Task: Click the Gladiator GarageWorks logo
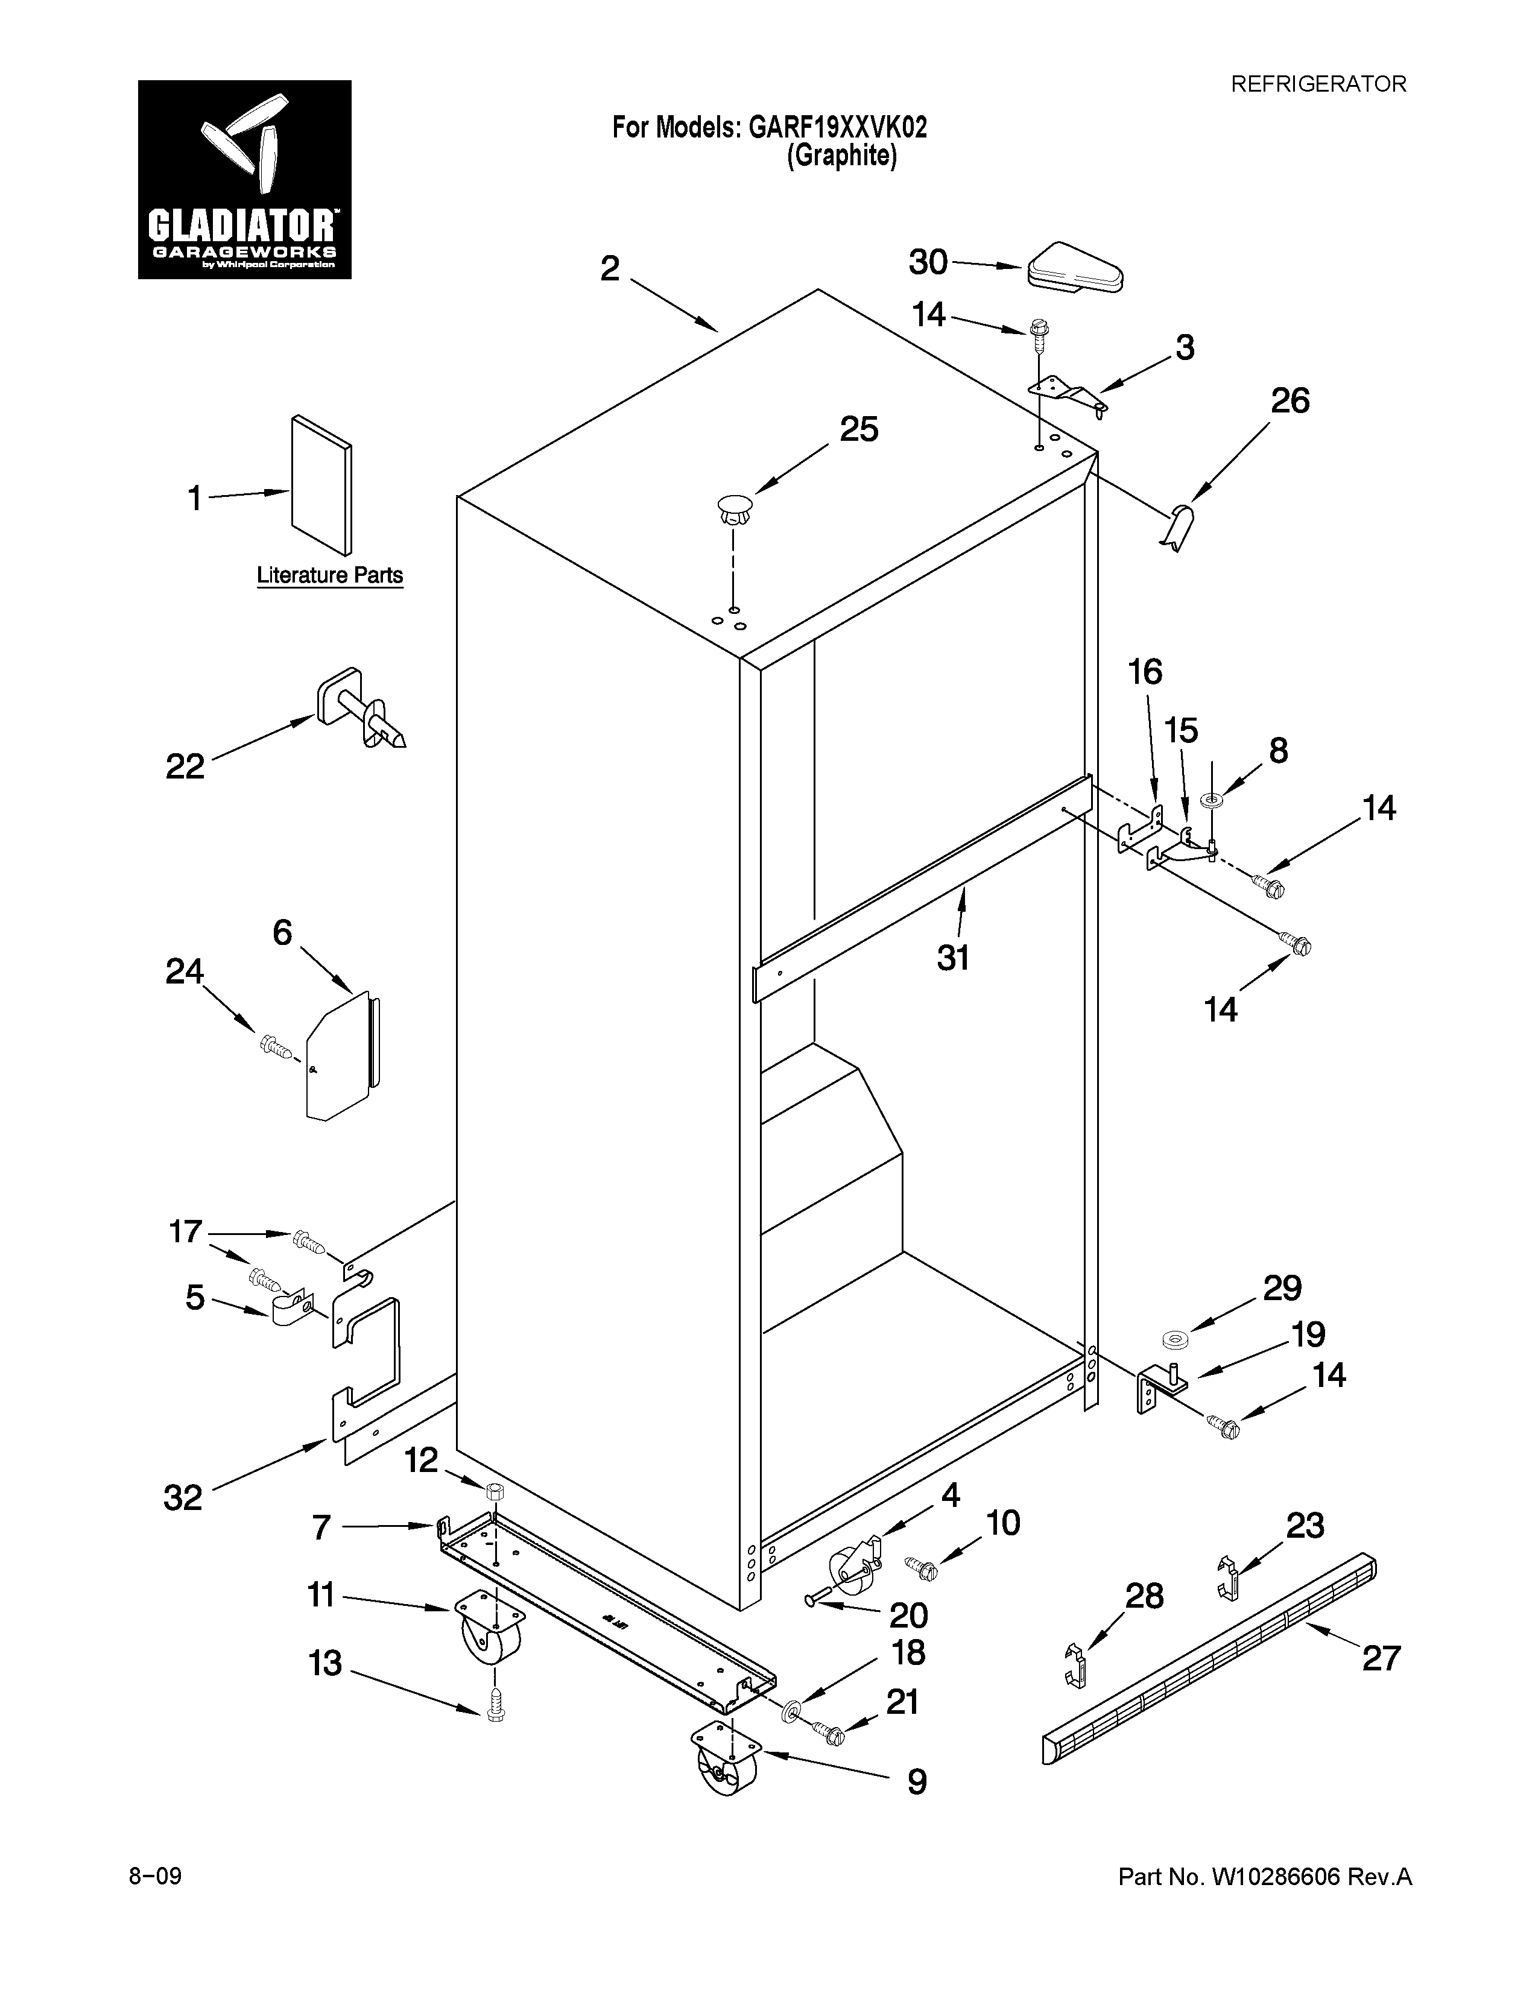244,180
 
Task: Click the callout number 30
928,262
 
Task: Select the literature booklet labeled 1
321,485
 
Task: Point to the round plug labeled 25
735,508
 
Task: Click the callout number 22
185,767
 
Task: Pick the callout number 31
952,958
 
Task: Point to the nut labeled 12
495,1491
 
